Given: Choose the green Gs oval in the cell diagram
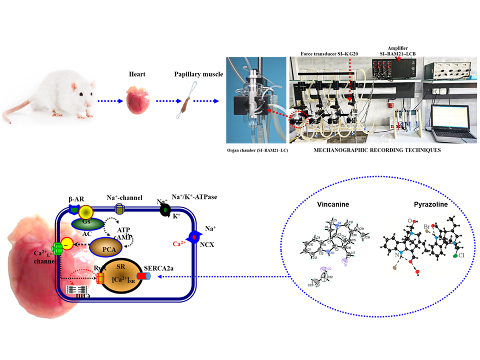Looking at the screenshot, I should point(87,221).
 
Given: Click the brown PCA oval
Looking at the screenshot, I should point(107,247).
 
